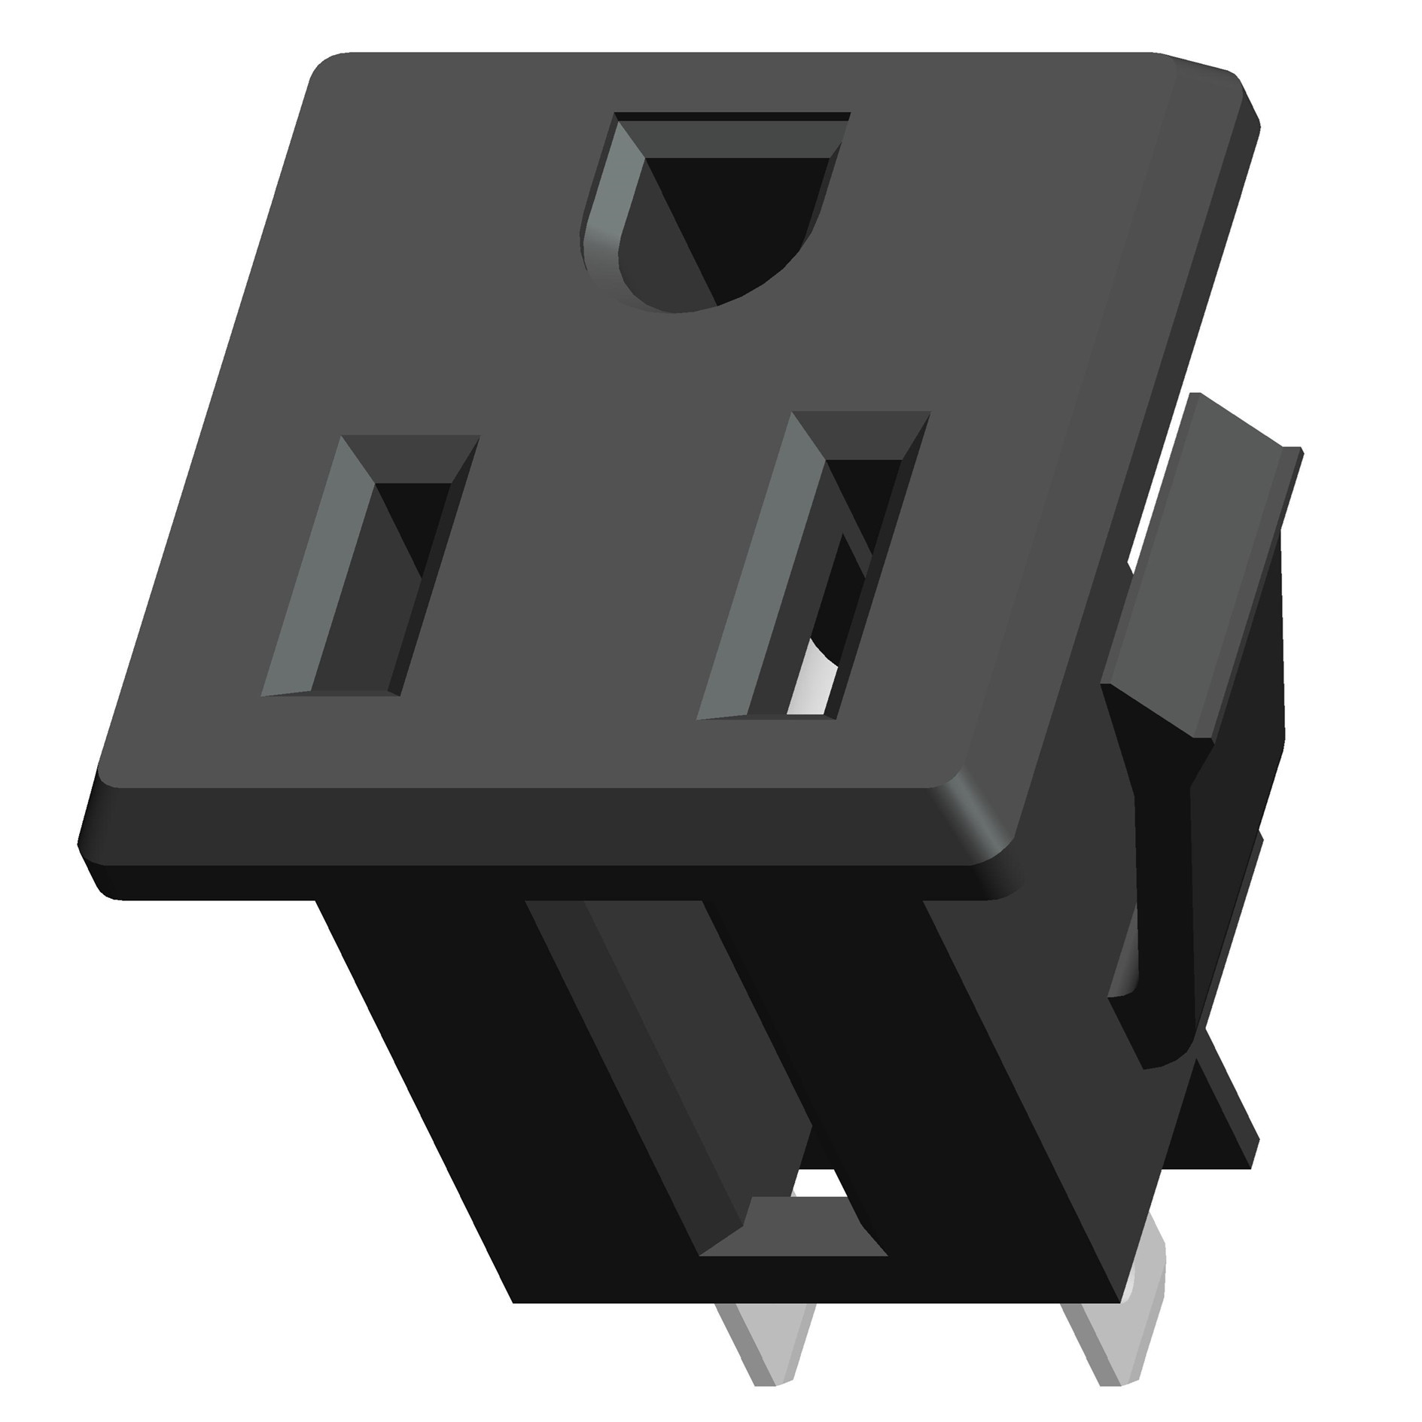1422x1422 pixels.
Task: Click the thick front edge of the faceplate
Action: pyautogui.click(x=527, y=839)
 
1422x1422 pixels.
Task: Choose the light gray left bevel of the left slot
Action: pyautogui.click(x=312, y=572)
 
